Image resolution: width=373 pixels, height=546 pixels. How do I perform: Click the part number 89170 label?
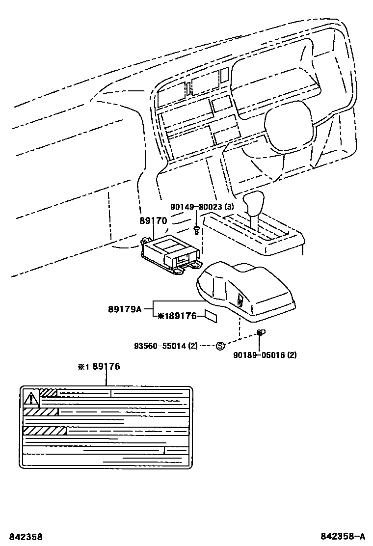(x=153, y=221)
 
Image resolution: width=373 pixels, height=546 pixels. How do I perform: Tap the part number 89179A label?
(x=125, y=309)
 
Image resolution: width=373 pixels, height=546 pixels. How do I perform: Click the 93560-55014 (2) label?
(x=165, y=346)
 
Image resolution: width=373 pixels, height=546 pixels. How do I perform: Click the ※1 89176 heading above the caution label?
(x=99, y=366)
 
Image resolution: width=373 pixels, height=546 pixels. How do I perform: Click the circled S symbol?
(x=220, y=346)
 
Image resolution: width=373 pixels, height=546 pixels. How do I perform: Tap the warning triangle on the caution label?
(x=31, y=396)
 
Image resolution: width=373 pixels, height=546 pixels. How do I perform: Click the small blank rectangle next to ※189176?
(x=210, y=316)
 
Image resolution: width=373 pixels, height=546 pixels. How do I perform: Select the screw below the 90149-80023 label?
(x=197, y=228)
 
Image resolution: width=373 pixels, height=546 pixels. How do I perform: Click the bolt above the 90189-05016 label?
(x=261, y=334)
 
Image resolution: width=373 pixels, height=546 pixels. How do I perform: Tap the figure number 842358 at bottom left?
(x=21, y=537)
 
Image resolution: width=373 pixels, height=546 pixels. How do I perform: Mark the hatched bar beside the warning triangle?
(x=48, y=393)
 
